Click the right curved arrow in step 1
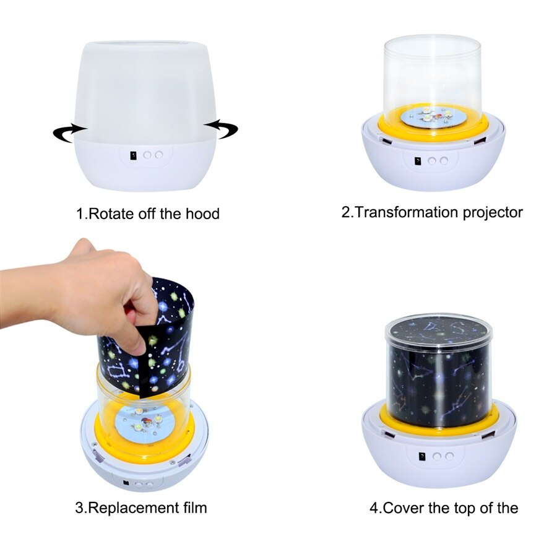pyautogui.click(x=221, y=128)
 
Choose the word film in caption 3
pyautogui.click(x=193, y=508)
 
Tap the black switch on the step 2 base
pyautogui.click(x=418, y=161)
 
